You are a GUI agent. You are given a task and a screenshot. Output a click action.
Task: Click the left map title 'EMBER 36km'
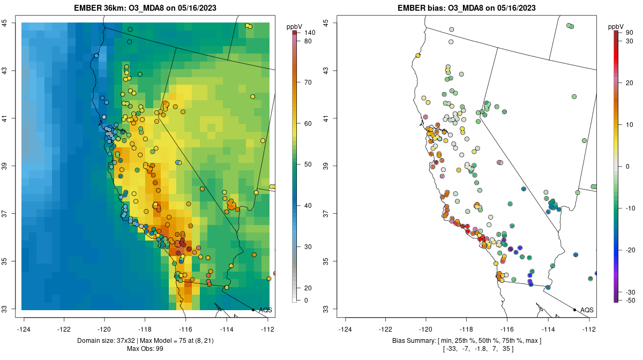tap(101, 8)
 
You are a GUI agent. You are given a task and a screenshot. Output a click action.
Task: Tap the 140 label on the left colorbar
tap(309, 33)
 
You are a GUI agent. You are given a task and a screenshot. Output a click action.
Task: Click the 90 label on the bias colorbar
tap(629, 33)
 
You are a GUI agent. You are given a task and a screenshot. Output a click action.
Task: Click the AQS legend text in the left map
tap(265, 310)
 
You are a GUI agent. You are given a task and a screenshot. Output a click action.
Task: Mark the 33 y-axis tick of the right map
tap(326, 309)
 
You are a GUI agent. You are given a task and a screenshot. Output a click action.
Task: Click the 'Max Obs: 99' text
tap(145, 349)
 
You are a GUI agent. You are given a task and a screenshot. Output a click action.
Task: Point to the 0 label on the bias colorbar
tap(627, 166)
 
